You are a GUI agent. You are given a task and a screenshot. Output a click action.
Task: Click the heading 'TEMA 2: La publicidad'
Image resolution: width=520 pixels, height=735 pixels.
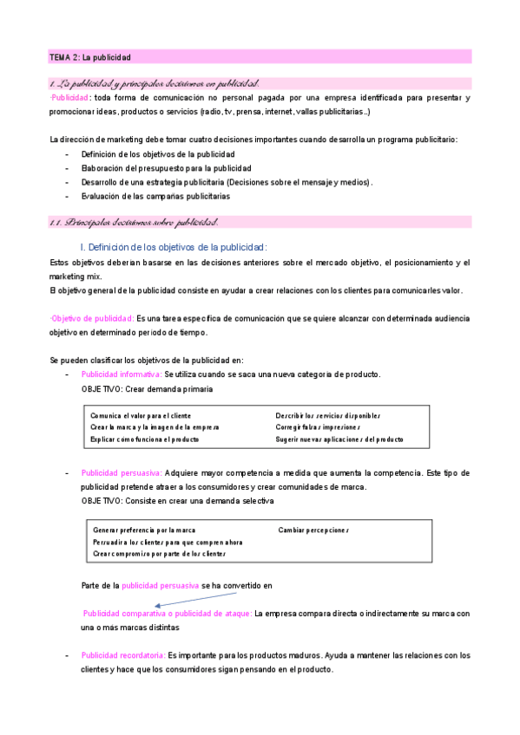pos(89,57)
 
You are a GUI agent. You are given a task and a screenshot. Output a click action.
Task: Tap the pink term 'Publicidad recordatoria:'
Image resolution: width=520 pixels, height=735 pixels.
pos(122,655)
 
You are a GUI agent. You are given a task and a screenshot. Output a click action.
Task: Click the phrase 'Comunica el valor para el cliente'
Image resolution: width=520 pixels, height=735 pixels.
pos(141,416)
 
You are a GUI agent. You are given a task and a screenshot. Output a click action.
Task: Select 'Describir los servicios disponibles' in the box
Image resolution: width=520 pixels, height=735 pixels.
pos(329,416)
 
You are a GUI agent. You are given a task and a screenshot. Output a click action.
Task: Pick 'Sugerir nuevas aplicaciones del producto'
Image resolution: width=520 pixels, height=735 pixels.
pos(339,439)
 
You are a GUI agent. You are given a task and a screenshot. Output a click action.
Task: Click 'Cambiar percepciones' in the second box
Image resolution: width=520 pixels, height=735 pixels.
pos(313,530)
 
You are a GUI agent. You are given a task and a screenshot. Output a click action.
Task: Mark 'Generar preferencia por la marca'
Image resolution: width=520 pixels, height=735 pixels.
pos(144,530)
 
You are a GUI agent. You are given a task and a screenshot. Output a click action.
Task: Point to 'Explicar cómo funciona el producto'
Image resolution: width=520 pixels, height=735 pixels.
pos(145,439)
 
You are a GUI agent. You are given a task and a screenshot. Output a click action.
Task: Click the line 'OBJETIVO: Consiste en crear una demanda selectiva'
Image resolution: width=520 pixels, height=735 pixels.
pos(177,501)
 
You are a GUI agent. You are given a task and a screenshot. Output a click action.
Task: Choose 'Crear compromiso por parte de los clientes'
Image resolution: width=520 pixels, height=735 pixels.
pos(159,553)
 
